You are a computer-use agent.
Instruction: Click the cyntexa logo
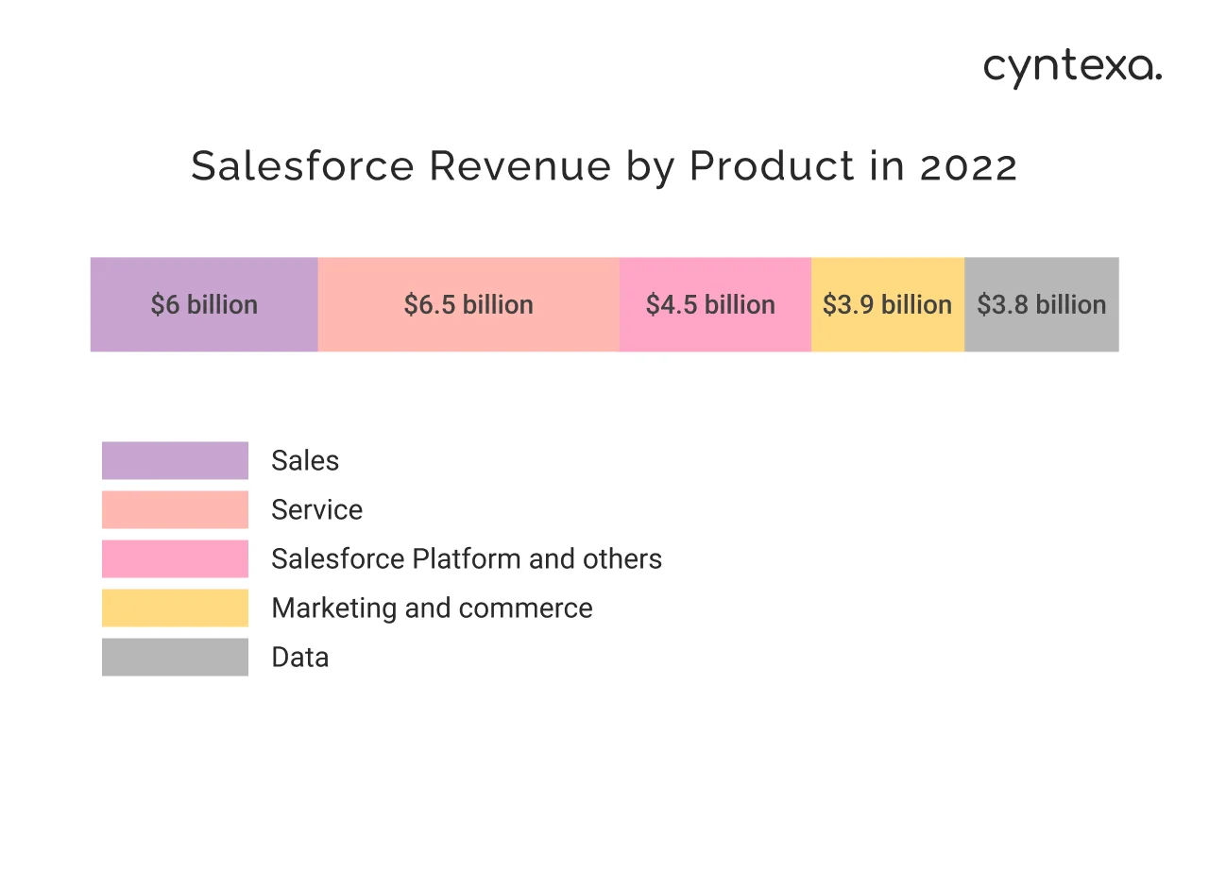click(x=1072, y=68)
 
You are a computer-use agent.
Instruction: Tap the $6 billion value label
click(x=204, y=304)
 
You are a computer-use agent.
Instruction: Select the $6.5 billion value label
click(x=468, y=304)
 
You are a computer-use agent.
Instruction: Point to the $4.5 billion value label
click(x=710, y=304)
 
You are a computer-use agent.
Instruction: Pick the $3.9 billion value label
click(x=887, y=304)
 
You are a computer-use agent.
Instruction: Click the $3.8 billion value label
click(x=1041, y=304)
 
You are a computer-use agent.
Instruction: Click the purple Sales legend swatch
click(x=175, y=460)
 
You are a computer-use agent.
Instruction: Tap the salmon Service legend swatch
click(x=175, y=509)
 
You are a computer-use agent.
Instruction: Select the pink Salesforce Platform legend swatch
click(x=175, y=558)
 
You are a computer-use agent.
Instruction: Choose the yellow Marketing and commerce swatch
click(x=175, y=608)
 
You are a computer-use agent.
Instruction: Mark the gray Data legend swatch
click(x=175, y=657)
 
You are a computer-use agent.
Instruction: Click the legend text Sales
click(x=304, y=460)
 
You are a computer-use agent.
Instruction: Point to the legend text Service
click(x=316, y=509)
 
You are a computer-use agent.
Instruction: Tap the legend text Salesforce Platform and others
click(x=466, y=558)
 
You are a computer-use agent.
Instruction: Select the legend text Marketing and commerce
click(x=432, y=608)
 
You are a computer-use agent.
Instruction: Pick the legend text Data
click(x=299, y=657)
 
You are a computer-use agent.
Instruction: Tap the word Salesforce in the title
click(x=302, y=167)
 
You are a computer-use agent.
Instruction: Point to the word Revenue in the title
click(x=520, y=167)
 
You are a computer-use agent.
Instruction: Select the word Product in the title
click(x=758, y=167)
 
